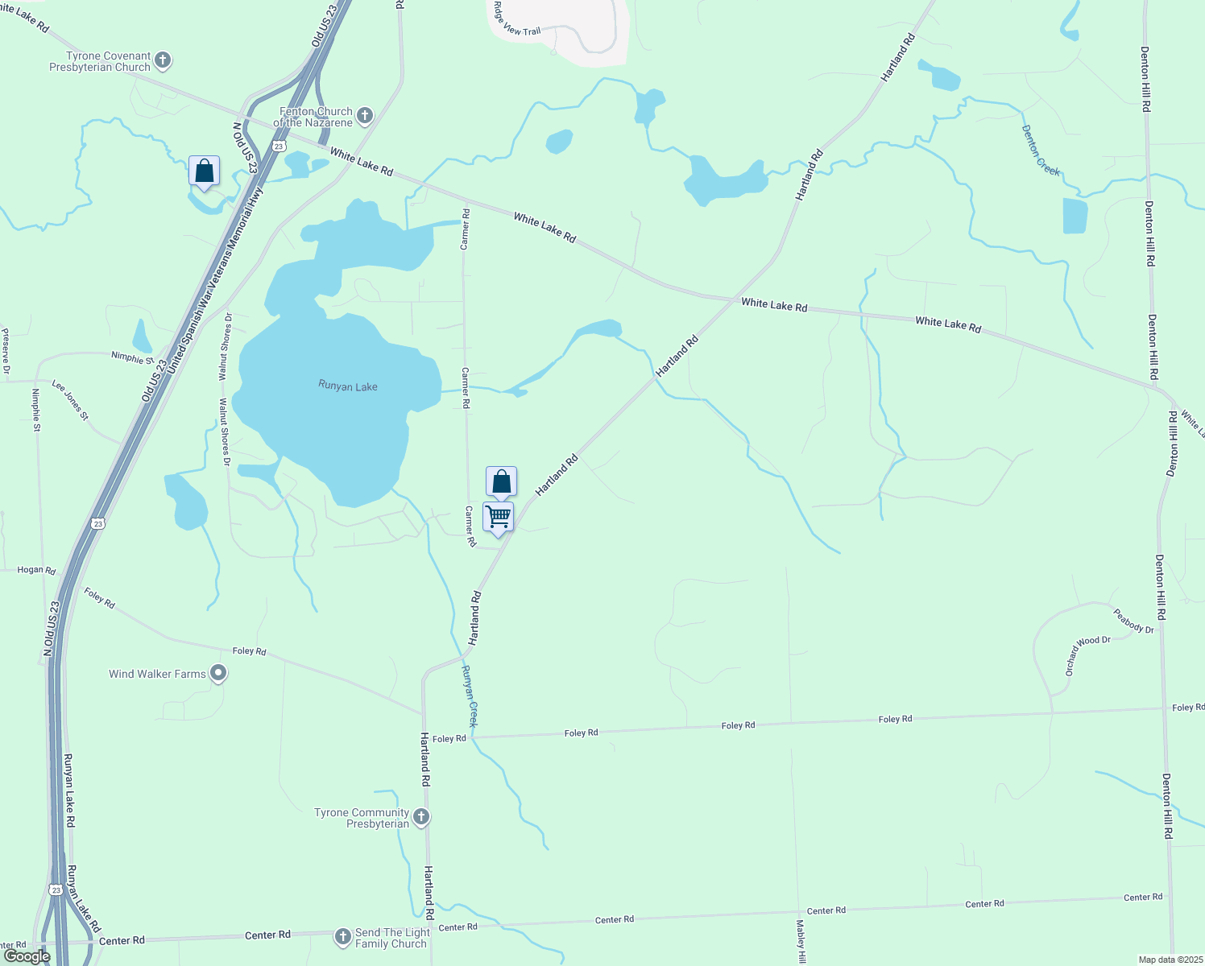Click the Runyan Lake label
(x=348, y=386)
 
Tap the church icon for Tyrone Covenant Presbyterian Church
(x=163, y=60)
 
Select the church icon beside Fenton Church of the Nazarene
(x=364, y=116)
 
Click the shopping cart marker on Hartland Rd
(x=499, y=517)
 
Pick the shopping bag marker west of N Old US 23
(x=205, y=171)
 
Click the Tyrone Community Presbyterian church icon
(x=421, y=817)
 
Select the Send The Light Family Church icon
(x=343, y=937)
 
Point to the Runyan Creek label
(x=470, y=696)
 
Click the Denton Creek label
(x=1041, y=151)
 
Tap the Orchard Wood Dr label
(x=1087, y=654)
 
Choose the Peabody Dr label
(x=1134, y=621)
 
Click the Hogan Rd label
(x=36, y=570)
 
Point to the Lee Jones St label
(x=71, y=400)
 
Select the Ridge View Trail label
(x=516, y=19)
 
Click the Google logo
(x=27, y=956)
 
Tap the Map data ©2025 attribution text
(x=1170, y=960)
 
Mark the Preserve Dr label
(x=5, y=350)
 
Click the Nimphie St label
(x=132, y=358)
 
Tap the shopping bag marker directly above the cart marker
(x=501, y=482)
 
